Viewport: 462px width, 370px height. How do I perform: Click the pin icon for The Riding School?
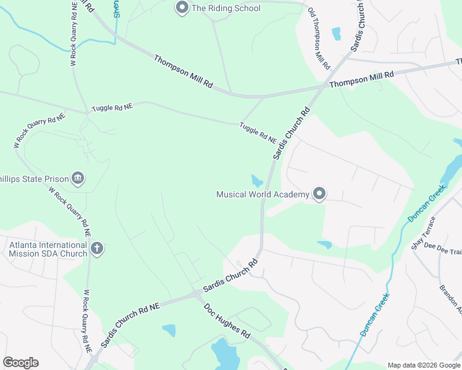coord(182,8)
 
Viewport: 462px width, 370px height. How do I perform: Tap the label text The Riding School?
coord(226,9)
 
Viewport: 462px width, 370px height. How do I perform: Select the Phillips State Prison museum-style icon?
coord(78,179)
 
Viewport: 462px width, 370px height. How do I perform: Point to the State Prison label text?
coord(34,179)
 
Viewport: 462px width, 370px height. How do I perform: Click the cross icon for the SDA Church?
coord(96,249)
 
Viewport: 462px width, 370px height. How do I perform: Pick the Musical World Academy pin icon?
coord(319,194)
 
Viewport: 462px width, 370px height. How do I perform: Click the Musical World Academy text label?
coord(262,195)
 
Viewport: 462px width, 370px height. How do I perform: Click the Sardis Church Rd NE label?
coord(131,324)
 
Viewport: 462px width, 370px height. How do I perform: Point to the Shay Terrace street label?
coord(424,233)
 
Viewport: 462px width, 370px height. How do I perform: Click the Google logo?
coord(20,363)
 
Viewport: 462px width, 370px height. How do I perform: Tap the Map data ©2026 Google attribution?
coord(423,365)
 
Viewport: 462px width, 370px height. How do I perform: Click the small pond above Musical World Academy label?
coord(256,181)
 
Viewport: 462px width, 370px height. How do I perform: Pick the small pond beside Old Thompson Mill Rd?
coord(336,33)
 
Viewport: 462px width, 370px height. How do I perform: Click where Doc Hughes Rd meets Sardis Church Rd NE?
coord(196,294)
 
